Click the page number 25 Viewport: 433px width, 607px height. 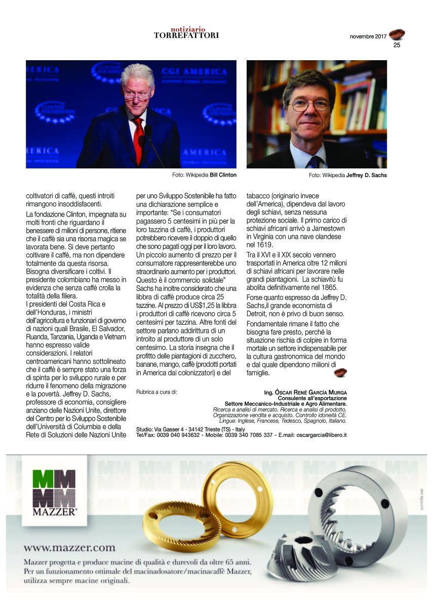click(397, 45)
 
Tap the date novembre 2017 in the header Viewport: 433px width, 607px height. click(368, 36)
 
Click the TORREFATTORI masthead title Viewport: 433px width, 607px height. click(186, 35)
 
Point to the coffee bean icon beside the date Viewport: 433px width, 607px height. click(397, 34)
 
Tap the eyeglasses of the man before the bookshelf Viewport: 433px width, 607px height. click(309, 106)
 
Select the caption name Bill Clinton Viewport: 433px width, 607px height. click(223, 175)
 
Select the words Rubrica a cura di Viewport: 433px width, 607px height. click(157, 392)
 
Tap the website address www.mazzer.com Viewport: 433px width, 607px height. click(69, 547)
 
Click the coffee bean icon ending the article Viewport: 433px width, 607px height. click(339, 373)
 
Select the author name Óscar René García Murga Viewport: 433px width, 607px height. click(314, 393)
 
